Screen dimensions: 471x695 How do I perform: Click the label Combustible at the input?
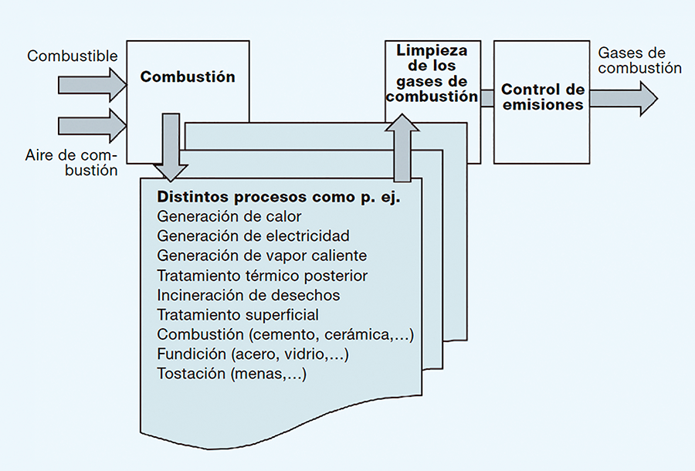pos(73,56)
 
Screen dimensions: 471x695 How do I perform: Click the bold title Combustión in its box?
pos(188,77)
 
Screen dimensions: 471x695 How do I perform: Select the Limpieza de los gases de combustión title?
pos(432,74)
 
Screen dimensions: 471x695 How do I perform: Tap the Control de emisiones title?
pos(543,97)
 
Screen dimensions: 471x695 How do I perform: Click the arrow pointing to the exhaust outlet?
pos(622,99)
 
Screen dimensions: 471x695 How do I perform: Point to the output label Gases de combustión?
pos(639,61)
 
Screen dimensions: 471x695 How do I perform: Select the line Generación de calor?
pos(229,216)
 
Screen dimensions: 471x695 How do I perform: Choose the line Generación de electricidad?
pos(253,235)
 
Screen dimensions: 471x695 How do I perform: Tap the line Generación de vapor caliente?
pos(262,256)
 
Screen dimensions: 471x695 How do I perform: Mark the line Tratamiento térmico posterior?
pos(262,276)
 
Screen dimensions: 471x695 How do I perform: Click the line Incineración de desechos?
pos(248,295)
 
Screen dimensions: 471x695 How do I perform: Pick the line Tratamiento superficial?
pos(237,315)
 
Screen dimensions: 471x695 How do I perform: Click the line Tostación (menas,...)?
pos(232,375)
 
